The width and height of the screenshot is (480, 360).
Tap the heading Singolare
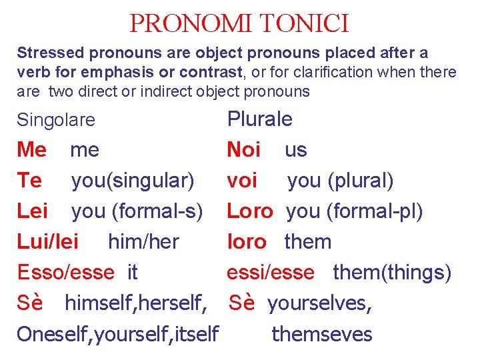coord(56,121)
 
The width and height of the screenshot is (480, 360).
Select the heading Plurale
coord(259,119)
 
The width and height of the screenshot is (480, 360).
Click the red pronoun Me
coord(31,150)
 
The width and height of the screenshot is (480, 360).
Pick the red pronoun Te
coord(29,181)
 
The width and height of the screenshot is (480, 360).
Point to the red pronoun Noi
coord(243,150)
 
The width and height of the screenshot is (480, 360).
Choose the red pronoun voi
coord(242,181)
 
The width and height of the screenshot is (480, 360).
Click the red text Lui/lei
coord(47,242)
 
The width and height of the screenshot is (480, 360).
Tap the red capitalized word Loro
coord(250,211)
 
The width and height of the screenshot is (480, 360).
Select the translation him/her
coord(143,242)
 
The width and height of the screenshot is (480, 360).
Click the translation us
coord(295,150)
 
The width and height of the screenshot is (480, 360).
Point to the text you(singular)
coord(133,181)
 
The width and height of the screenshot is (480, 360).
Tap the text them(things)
coord(392,273)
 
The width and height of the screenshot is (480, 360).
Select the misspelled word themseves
coord(322,334)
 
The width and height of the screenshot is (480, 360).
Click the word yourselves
coord(320,303)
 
